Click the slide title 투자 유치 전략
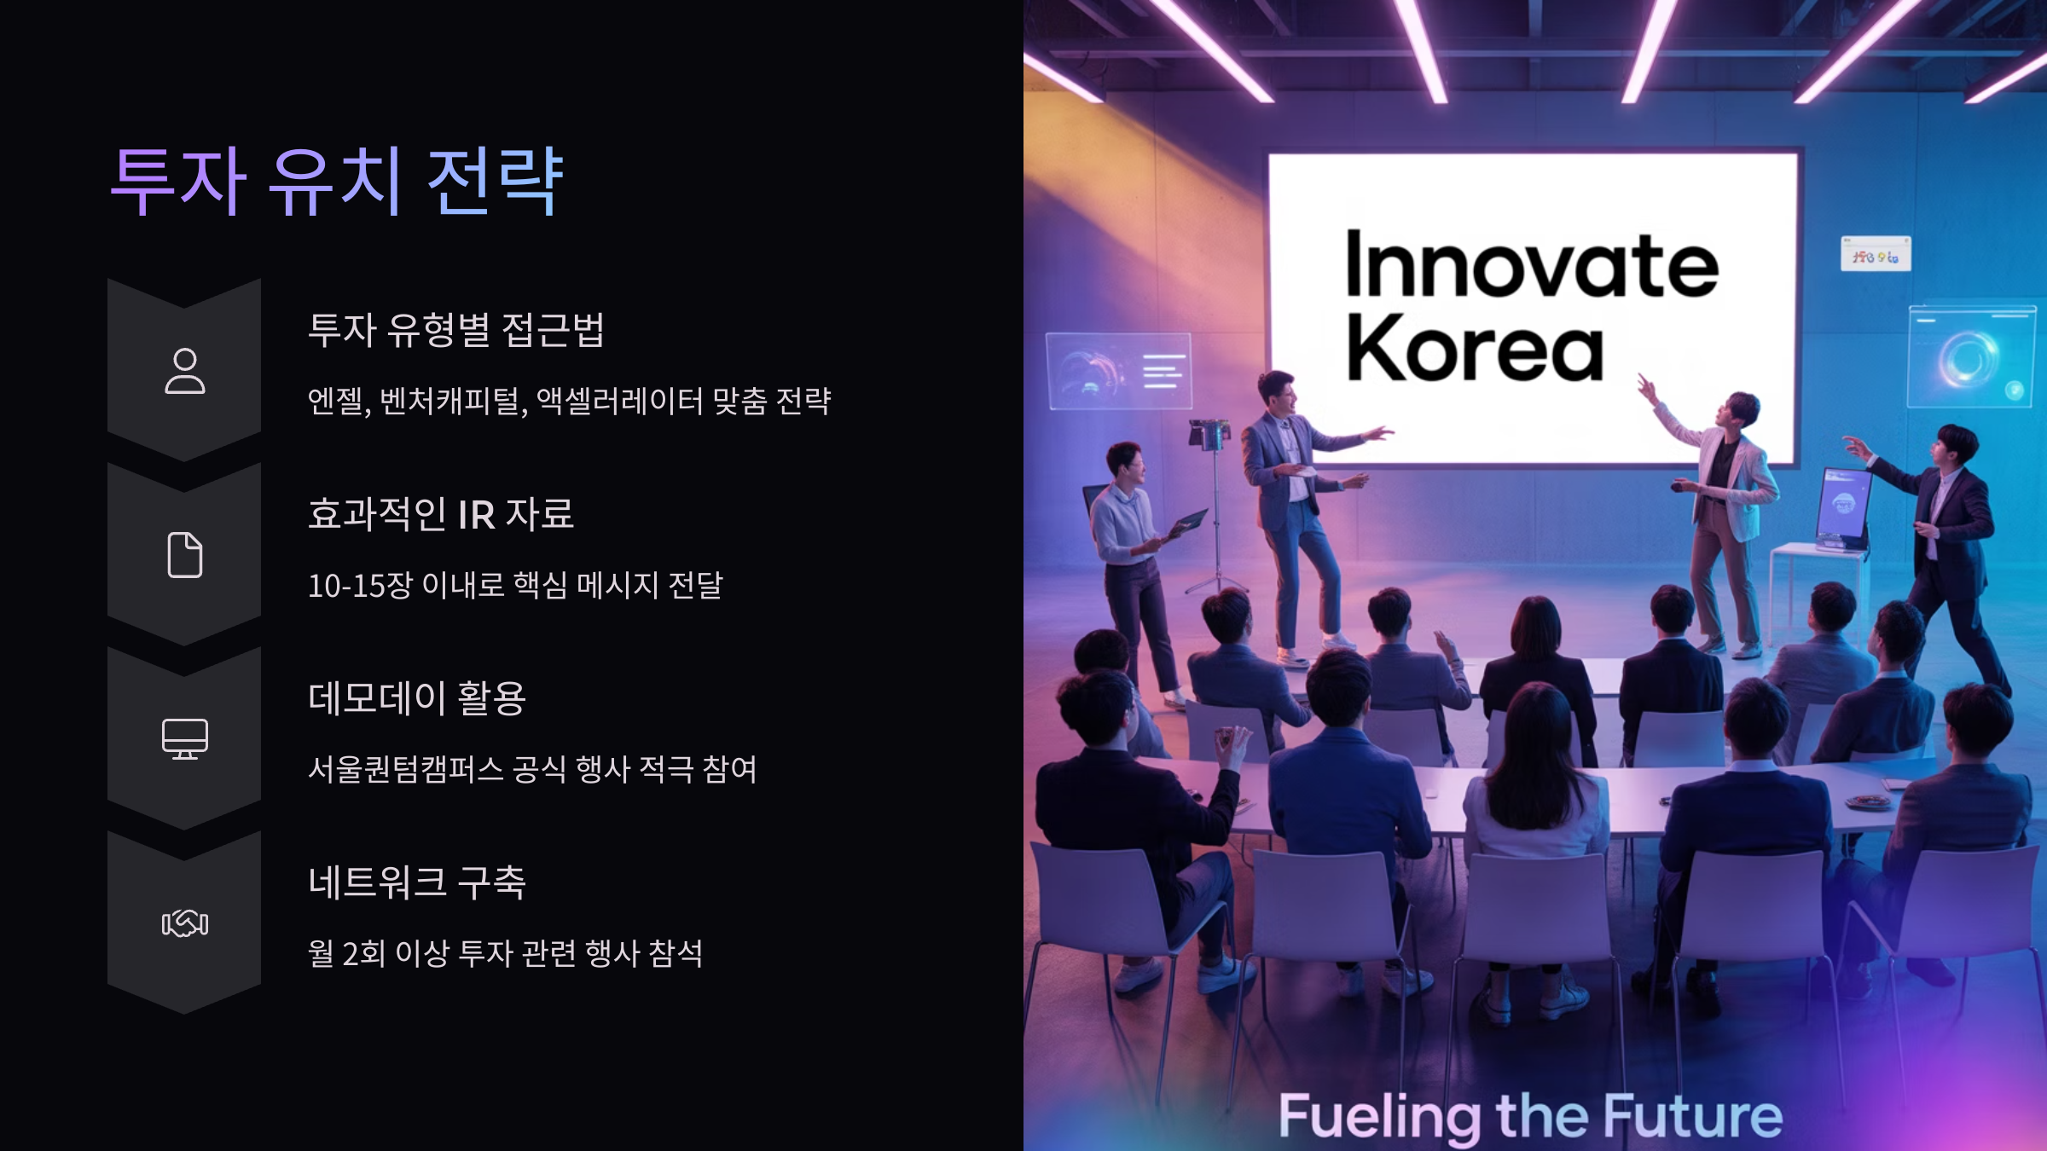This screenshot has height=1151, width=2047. pos(337,181)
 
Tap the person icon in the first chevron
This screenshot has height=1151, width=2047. pos(184,371)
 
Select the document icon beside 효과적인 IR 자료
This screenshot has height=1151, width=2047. pos(184,555)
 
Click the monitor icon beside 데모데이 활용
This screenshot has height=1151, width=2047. pos(184,738)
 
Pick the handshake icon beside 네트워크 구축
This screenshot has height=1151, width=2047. pos(184,923)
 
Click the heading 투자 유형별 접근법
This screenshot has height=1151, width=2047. pos(456,330)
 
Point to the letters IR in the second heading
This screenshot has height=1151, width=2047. pos(476,515)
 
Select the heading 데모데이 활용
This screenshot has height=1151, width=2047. pos(417,698)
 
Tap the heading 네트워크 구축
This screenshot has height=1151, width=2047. pos(417,882)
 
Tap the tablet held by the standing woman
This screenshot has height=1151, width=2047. pos(1191,520)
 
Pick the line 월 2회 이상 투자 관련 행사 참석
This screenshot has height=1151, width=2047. pos(505,954)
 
